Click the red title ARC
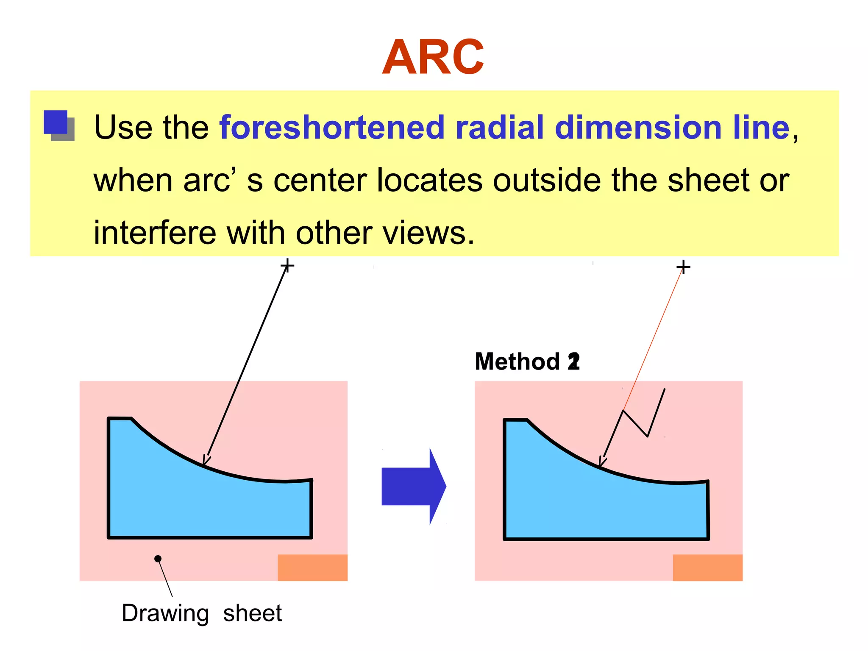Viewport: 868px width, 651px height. [x=433, y=57]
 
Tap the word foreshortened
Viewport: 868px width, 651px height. [x=331, y=128]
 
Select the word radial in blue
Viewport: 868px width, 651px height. [x=499, y=128]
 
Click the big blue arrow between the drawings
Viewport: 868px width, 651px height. [x=414, y=486]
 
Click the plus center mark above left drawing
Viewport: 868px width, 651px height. [x=287, y=266]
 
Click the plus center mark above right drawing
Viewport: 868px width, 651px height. [x=683, y=267]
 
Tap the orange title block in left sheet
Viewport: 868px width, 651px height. [x=312, y=568]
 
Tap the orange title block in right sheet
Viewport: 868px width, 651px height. [x=707, y=568]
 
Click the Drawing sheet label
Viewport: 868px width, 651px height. [x=202, y=613]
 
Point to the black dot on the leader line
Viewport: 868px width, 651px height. [x=158, y=559]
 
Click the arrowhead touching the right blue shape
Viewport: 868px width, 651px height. [x=602, y=462]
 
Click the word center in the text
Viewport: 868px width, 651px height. [x=320, y=180]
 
